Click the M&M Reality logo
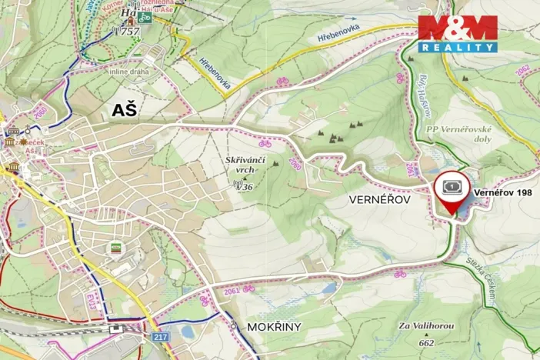[457, 33]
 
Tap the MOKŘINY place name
[274, 327]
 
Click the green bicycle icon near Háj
[145, 16]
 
